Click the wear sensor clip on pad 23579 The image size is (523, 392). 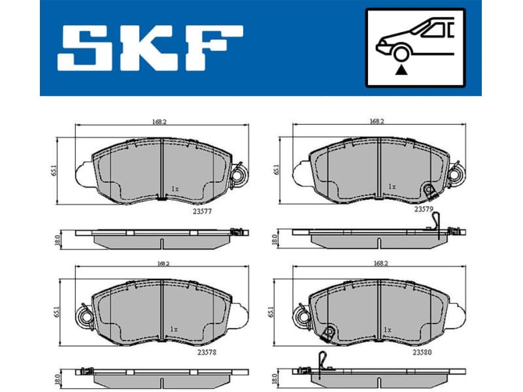pos(430,191)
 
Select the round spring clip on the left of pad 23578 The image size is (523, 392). pos(84,317)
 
